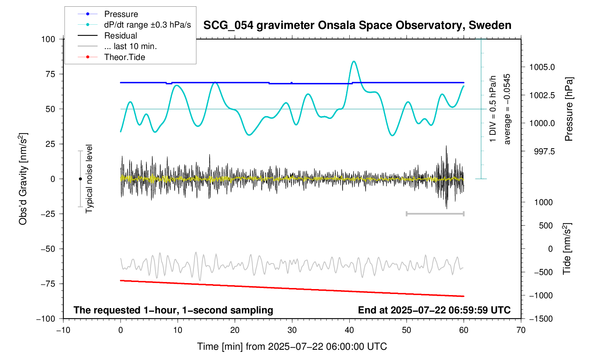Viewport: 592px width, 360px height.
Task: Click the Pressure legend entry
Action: click(x=121, y=14)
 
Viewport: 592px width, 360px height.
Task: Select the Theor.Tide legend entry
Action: click(x=124, y=57)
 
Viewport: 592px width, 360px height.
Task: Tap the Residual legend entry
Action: click(x=120, y=36)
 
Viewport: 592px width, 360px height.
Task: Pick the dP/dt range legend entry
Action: click(x=147, y=25)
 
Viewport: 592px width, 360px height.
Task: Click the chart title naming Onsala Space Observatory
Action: click(x=357, y=25)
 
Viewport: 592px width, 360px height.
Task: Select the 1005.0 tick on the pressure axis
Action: click(x=542, y=67)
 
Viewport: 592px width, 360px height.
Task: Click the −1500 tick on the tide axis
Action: click(x=540, y=319)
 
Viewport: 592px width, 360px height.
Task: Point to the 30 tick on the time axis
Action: click(x=292, y=330)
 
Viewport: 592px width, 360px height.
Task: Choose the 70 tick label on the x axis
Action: click(x=521, y=330)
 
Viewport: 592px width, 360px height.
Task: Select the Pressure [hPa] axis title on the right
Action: click(x=568, y=109)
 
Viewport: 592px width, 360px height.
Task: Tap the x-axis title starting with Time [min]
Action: click(x=292, y=347)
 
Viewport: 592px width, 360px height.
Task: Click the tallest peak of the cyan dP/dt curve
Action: click(x=354, y=61)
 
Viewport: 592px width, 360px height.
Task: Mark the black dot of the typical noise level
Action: click(x=80, y=179)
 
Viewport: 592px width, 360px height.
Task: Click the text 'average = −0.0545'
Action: click(x=507, y=109)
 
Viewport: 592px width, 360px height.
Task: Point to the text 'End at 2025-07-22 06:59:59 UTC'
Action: click(x=434, y=310)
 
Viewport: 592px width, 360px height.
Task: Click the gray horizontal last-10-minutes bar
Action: click(x=435, y=214)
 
